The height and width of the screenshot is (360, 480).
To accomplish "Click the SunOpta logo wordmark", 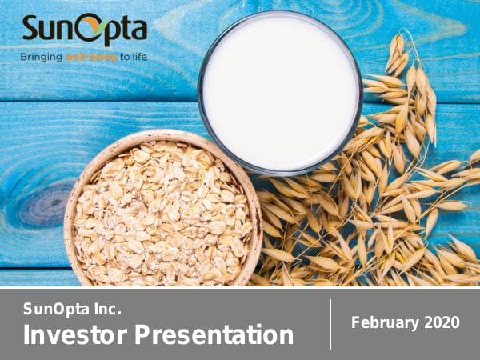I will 84,30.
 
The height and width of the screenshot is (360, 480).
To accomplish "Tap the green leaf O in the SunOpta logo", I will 94,29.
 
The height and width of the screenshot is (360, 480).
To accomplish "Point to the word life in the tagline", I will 138,57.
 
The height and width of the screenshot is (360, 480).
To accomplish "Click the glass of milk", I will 279,92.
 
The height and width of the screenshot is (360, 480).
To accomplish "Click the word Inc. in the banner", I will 111,309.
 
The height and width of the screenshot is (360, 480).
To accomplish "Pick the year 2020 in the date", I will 443,322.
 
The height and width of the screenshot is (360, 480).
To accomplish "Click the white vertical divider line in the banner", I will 330,324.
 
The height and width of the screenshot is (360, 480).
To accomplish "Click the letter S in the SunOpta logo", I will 31,30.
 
